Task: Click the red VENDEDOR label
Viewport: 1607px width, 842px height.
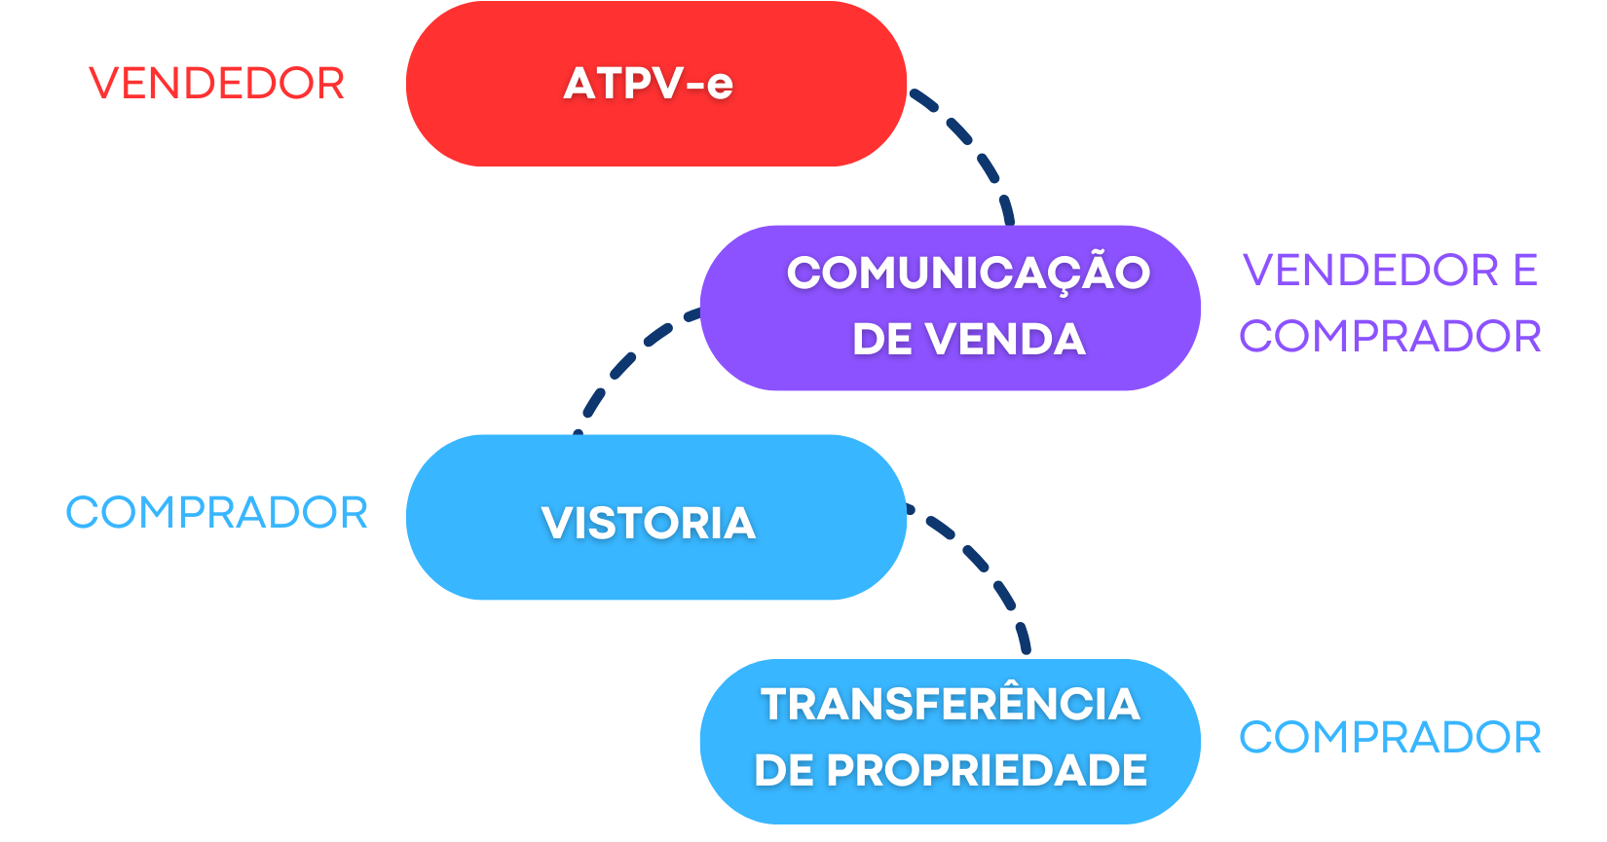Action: (x=216, y=84)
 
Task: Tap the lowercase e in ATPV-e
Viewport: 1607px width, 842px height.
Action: (x=720, y=86)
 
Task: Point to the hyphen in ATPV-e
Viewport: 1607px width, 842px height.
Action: (x=694, y=85)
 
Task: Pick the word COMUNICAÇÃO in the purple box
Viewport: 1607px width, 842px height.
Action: (x=968, y=273)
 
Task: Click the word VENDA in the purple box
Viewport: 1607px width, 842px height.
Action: (x=1005, y=340)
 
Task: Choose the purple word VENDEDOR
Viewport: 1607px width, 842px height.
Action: (x=1370, y=271)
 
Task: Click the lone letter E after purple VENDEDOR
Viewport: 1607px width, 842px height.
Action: (x=1525, y=271)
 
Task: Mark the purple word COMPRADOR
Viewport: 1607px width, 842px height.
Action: (x=1390, y=337)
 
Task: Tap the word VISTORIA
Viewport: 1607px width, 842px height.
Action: (x=649, y=524)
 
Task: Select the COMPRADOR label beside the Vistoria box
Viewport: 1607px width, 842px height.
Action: (x=216, y=513)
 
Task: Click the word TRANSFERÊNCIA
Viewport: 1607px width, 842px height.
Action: (x=950, y=705)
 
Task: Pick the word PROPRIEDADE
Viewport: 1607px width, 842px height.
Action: (x=987, y=771)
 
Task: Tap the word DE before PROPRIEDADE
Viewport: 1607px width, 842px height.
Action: (x=784, y=771)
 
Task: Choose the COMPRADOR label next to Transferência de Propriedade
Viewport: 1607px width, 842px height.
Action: (x=1390, y=738)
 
